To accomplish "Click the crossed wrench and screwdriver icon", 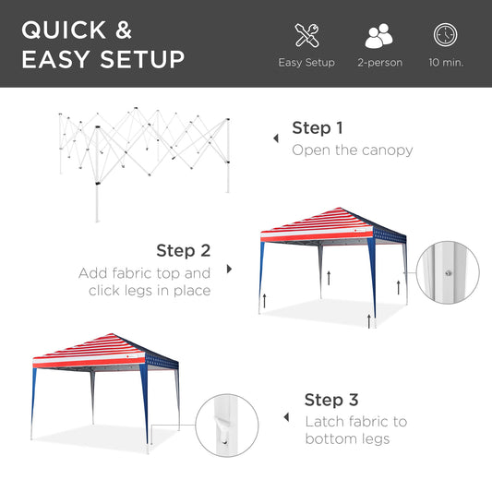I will [306, 36].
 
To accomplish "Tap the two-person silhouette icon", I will [378, 36].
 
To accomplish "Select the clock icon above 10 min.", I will [446, 35].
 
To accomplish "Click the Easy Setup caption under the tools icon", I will [306, 63].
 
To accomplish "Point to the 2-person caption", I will [378, 63].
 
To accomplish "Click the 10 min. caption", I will [446, 63].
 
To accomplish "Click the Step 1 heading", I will [318, 128].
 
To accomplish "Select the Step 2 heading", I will [183, 250].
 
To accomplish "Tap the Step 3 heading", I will [330, 400].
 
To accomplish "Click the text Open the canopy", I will [352, 150].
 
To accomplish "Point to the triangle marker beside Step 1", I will [274, 138].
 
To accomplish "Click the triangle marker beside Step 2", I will [230, 270].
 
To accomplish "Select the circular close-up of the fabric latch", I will [222, 425].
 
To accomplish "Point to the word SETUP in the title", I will [142, 60].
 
